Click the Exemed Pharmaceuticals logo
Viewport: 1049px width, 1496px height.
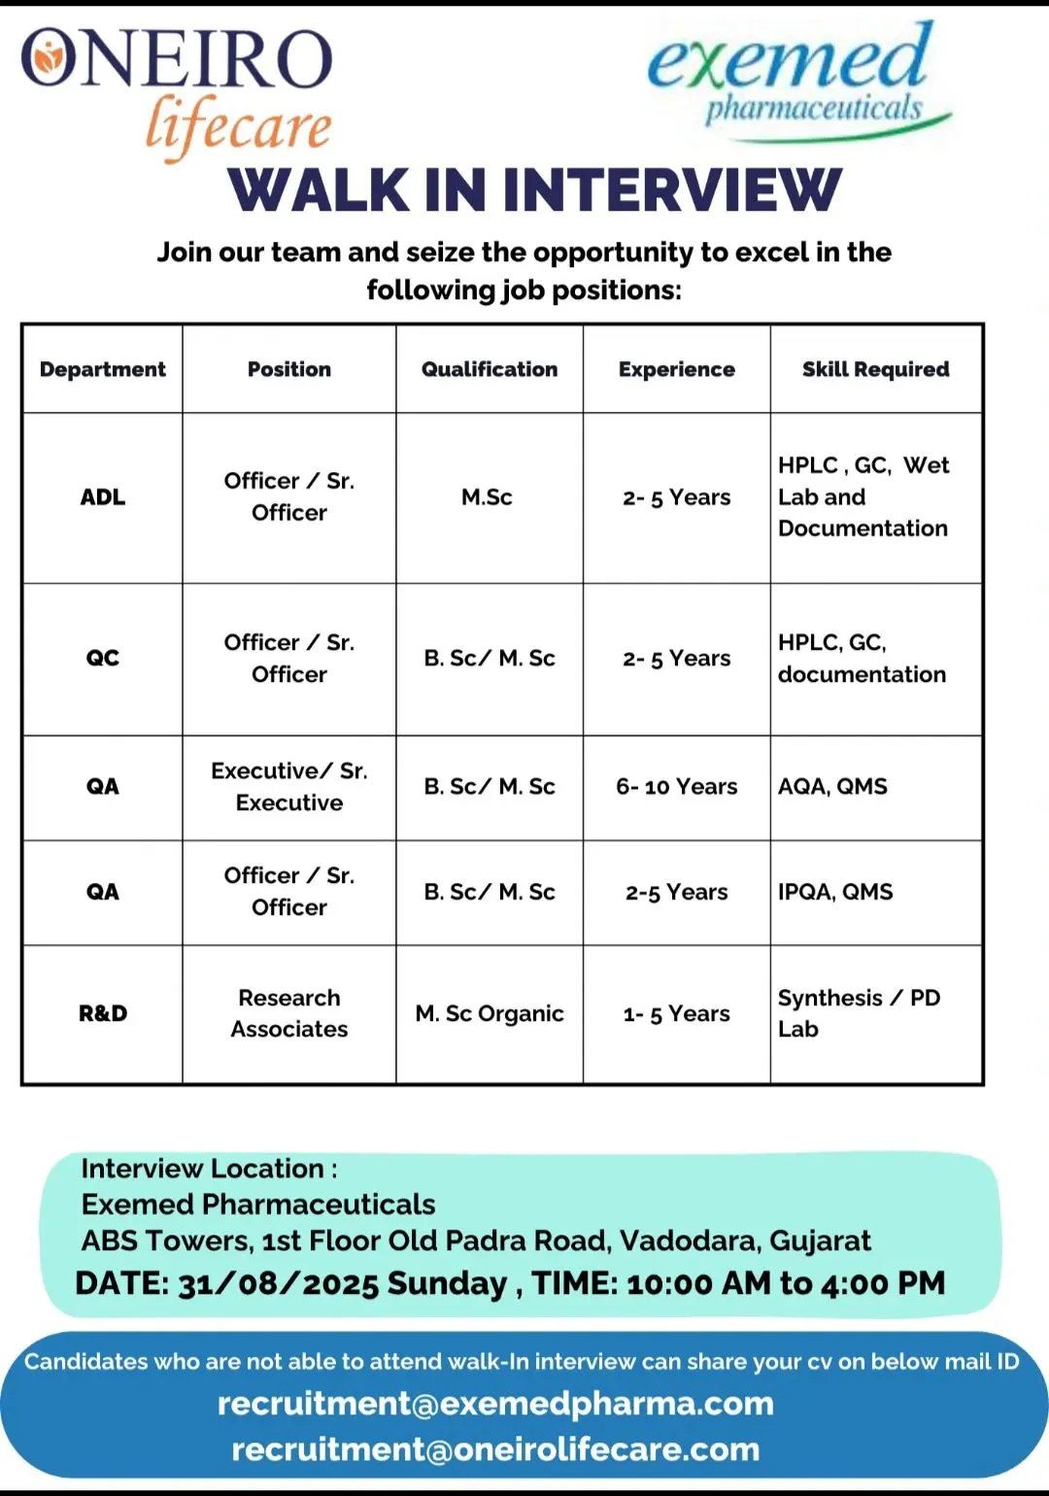(796, 83)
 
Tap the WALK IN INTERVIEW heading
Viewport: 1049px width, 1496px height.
(534, 190)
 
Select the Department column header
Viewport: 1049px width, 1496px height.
(103, 370)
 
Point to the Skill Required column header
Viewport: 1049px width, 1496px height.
(875, 370)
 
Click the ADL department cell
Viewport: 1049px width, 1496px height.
(103, 497)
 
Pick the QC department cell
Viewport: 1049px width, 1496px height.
(103, 659)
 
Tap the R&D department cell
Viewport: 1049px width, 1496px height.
(103, 1014)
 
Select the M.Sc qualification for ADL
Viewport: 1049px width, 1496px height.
(488, 497)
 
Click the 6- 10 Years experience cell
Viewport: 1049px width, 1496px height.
(676, 787)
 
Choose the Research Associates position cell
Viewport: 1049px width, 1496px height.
(289, 1014)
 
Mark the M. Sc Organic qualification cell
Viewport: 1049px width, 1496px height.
(490, 1014)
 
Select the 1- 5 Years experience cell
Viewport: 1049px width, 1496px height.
(676, 1014)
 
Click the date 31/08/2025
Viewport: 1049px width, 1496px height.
(277, 1284)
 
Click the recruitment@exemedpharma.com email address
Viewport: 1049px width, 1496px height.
(495, 1404)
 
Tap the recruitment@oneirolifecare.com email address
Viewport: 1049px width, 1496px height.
(495, 1449)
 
